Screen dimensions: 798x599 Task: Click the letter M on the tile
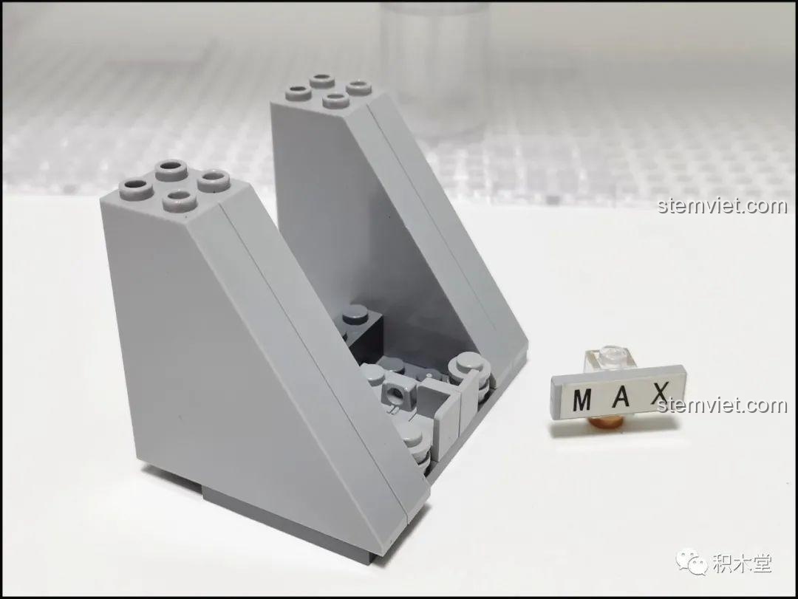tap(582, 400)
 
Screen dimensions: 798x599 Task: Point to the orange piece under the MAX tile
tap(608, 422)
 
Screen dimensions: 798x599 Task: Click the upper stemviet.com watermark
tap(722, 206)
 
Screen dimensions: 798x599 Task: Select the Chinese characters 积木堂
tap(742, 563)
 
